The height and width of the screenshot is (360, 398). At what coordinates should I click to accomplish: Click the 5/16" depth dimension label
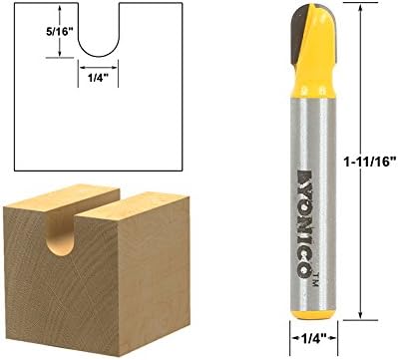pos(59,32)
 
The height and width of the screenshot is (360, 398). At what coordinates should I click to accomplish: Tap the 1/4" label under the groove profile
pos(98,78)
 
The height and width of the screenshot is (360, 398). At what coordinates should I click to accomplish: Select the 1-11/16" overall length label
pos(369,163)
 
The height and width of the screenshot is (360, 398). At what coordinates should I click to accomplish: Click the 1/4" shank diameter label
pos(313,338)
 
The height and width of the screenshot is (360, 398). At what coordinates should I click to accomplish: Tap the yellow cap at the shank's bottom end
pos(313,315)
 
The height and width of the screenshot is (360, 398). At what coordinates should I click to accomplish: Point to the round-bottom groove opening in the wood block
pos(61,234)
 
